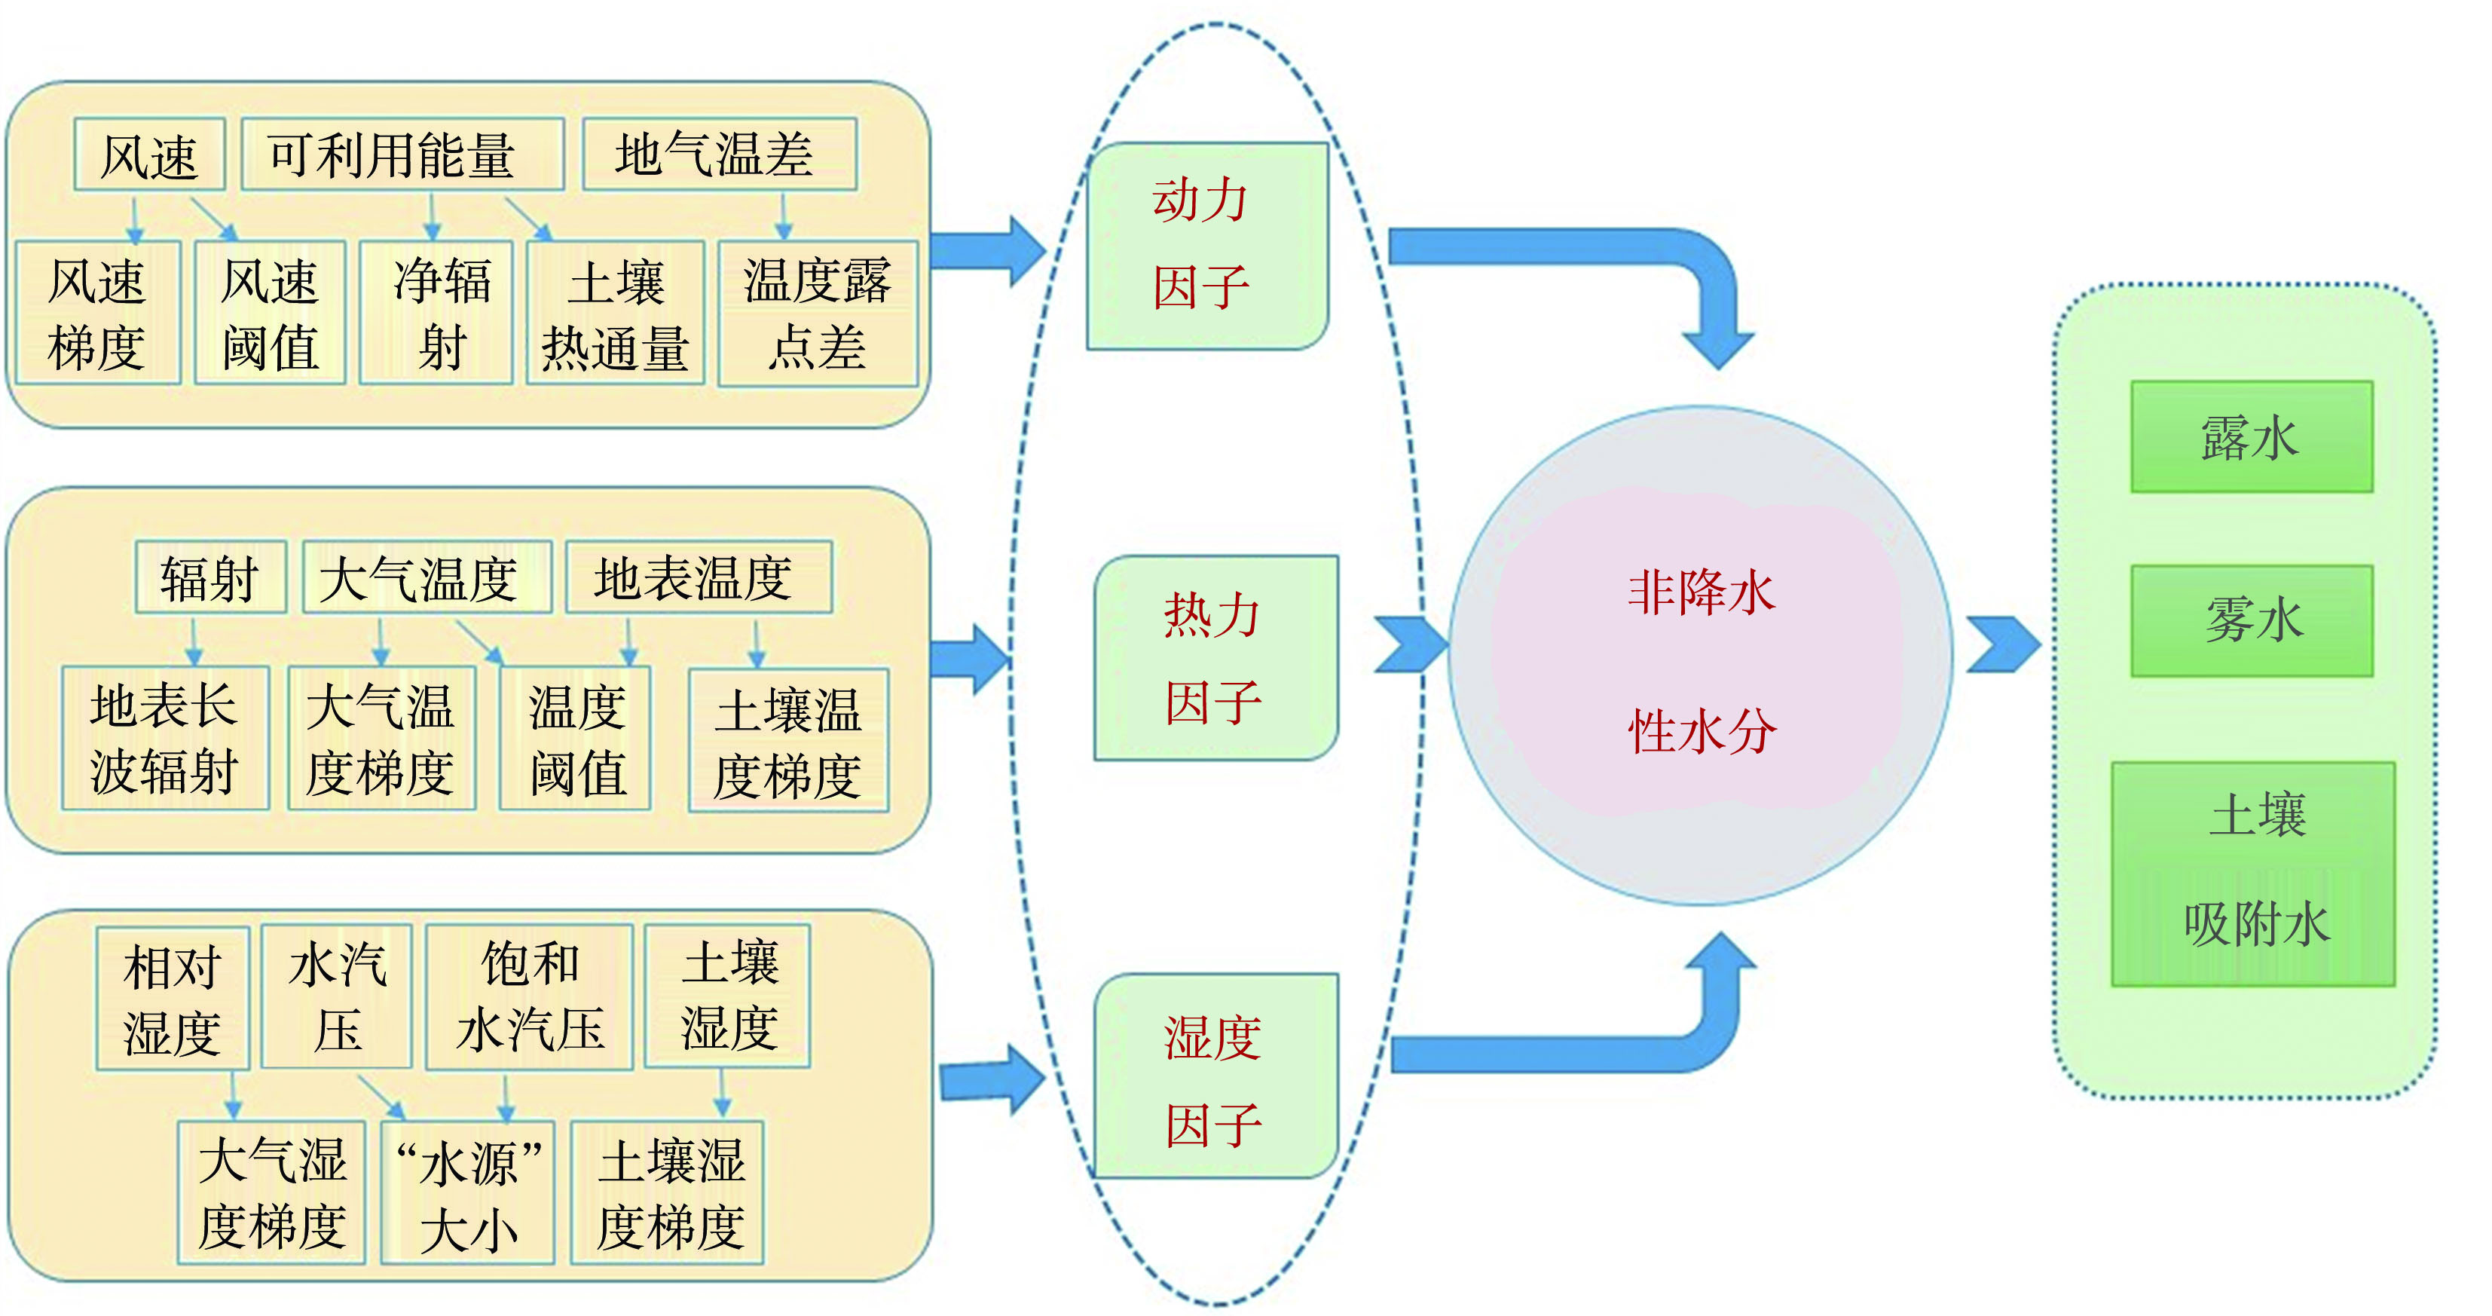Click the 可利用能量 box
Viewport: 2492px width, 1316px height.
click(x=402, y=155)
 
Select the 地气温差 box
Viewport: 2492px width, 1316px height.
click(x=719, y=155)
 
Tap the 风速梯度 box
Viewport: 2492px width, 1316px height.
click(x=98, y=313)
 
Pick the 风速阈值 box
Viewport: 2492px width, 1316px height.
click(x=270, y=313)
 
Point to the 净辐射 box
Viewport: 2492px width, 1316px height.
click(x=436, y=313)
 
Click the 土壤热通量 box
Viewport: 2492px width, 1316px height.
click(x=615, y=313)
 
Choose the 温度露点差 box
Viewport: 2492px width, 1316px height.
click(x=818, y=313)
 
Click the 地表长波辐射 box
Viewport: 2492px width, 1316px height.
click(x=164, y=737)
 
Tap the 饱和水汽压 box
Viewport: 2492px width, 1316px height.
click(x=531, y=996)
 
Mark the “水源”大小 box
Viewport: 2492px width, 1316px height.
click(x=468, y=1192)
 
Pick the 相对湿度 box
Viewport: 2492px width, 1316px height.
click(x=173, y=999)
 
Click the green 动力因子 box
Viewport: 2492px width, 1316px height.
click(x=1207, y=246)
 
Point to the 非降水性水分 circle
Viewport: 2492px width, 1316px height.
click(x=1700, y=657)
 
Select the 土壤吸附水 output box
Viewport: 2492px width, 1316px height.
click(x=2253, y=874)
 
